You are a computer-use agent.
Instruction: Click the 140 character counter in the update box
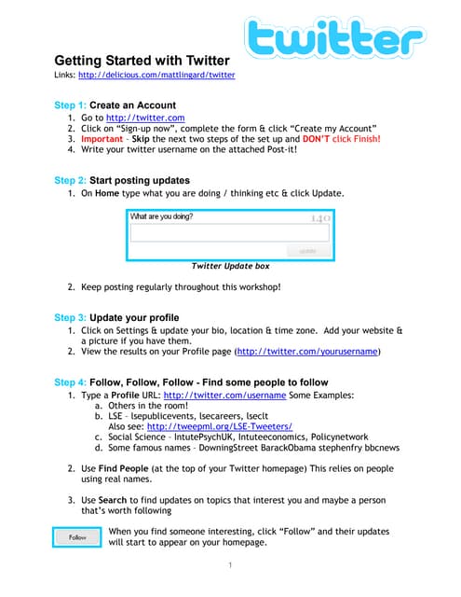pos(319,218)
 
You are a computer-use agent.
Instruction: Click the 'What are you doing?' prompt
pos(162,216)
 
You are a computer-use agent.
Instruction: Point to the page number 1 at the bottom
pos(231,565)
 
